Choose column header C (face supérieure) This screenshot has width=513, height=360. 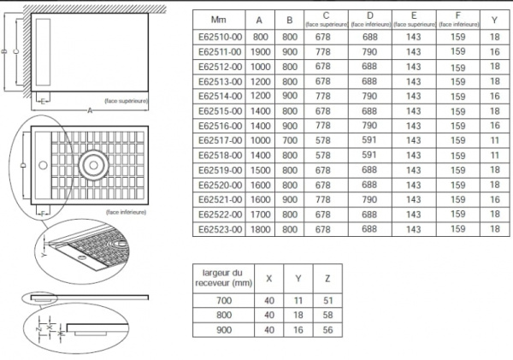point(326,19)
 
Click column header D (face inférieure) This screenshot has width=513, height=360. point(369,19)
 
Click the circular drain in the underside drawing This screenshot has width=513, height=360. point(90,163)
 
